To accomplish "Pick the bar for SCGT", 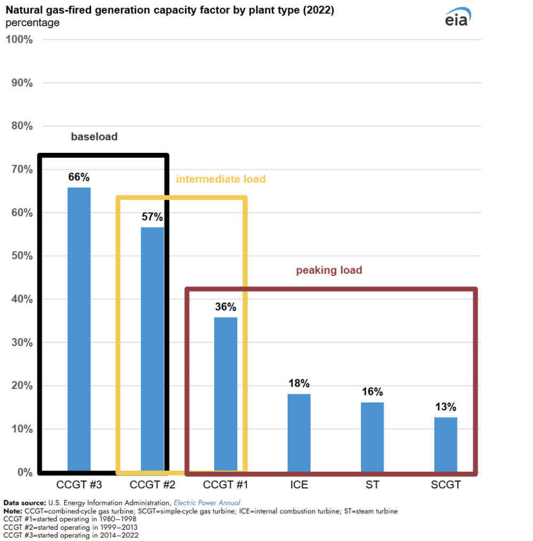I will pyautogui.click(x=446, y=444).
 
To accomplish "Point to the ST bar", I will pyautogui.click(x=372, y=437).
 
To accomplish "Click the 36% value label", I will pyautogui.click(x=225, y=307).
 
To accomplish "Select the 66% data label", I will pyautogui.click(x=79, y=177).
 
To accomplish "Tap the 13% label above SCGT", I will pyautogui.click(x=446, y=407).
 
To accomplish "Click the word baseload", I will pyautogui.click(x=94, y=137).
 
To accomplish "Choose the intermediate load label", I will pyautogui.click(x=221, y=179).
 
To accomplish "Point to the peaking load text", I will pyautogui.click(x=329, y=270).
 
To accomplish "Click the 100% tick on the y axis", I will pyautogui.click(x=20, y=39).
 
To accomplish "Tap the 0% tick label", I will pyautogui.click(x=25, y=472).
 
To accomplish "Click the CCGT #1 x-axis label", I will pyautogui.click(x=225, y=485).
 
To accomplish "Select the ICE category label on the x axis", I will pyautogui.click(x=299, y=485).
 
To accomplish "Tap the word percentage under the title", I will pyautogui.click(x=32, y=22).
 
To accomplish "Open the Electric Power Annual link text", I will pyautogui.click(x=207, y=502).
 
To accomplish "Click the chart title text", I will pyautogui.click(x=169, y=10).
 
